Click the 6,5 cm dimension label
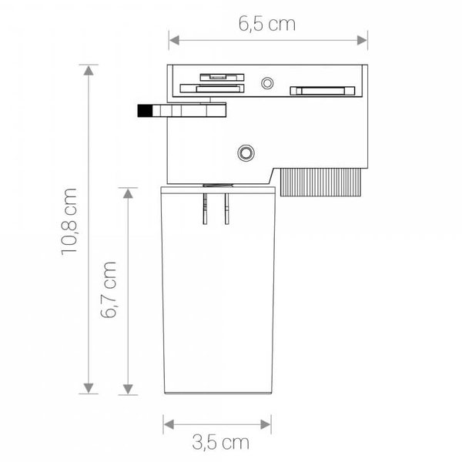266,24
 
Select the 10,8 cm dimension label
70,219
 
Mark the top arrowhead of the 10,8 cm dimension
90,71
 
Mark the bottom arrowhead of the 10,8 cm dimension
90,389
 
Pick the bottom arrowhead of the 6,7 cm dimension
128,389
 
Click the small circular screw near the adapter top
267,82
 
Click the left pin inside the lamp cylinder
206,209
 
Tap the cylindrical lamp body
217,308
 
